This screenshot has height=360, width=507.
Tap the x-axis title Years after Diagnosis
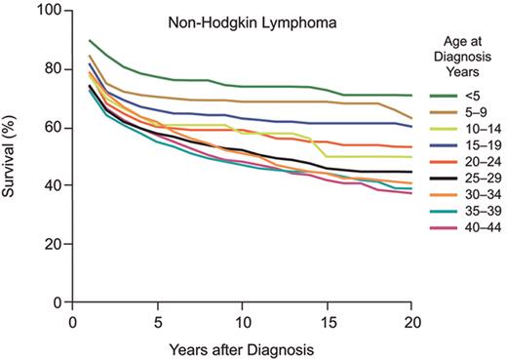coord(241,346)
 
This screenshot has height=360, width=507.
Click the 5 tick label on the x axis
coord(157,319)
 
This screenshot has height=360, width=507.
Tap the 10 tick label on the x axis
coord(242,319)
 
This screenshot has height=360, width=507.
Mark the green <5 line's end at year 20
coord(410,96)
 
